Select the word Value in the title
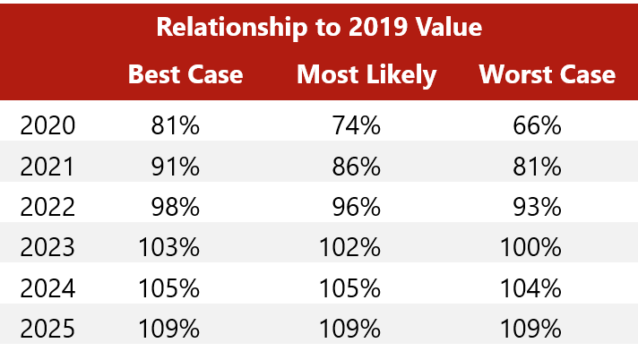point(451,27)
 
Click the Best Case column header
point(185,73)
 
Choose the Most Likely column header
point(366,73)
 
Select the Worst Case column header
point(547,73)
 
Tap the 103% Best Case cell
point(169,247)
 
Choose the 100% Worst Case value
point(531,247)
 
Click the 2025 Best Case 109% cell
point(169,329)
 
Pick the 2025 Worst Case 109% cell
point(531,329)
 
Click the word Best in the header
point(154,73)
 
